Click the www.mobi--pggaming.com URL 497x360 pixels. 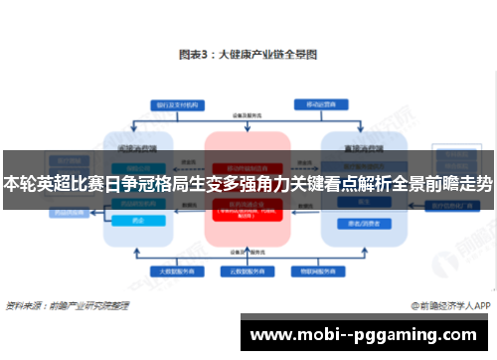(x=367, y=335)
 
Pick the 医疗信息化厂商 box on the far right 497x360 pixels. (x=452, y=206)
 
